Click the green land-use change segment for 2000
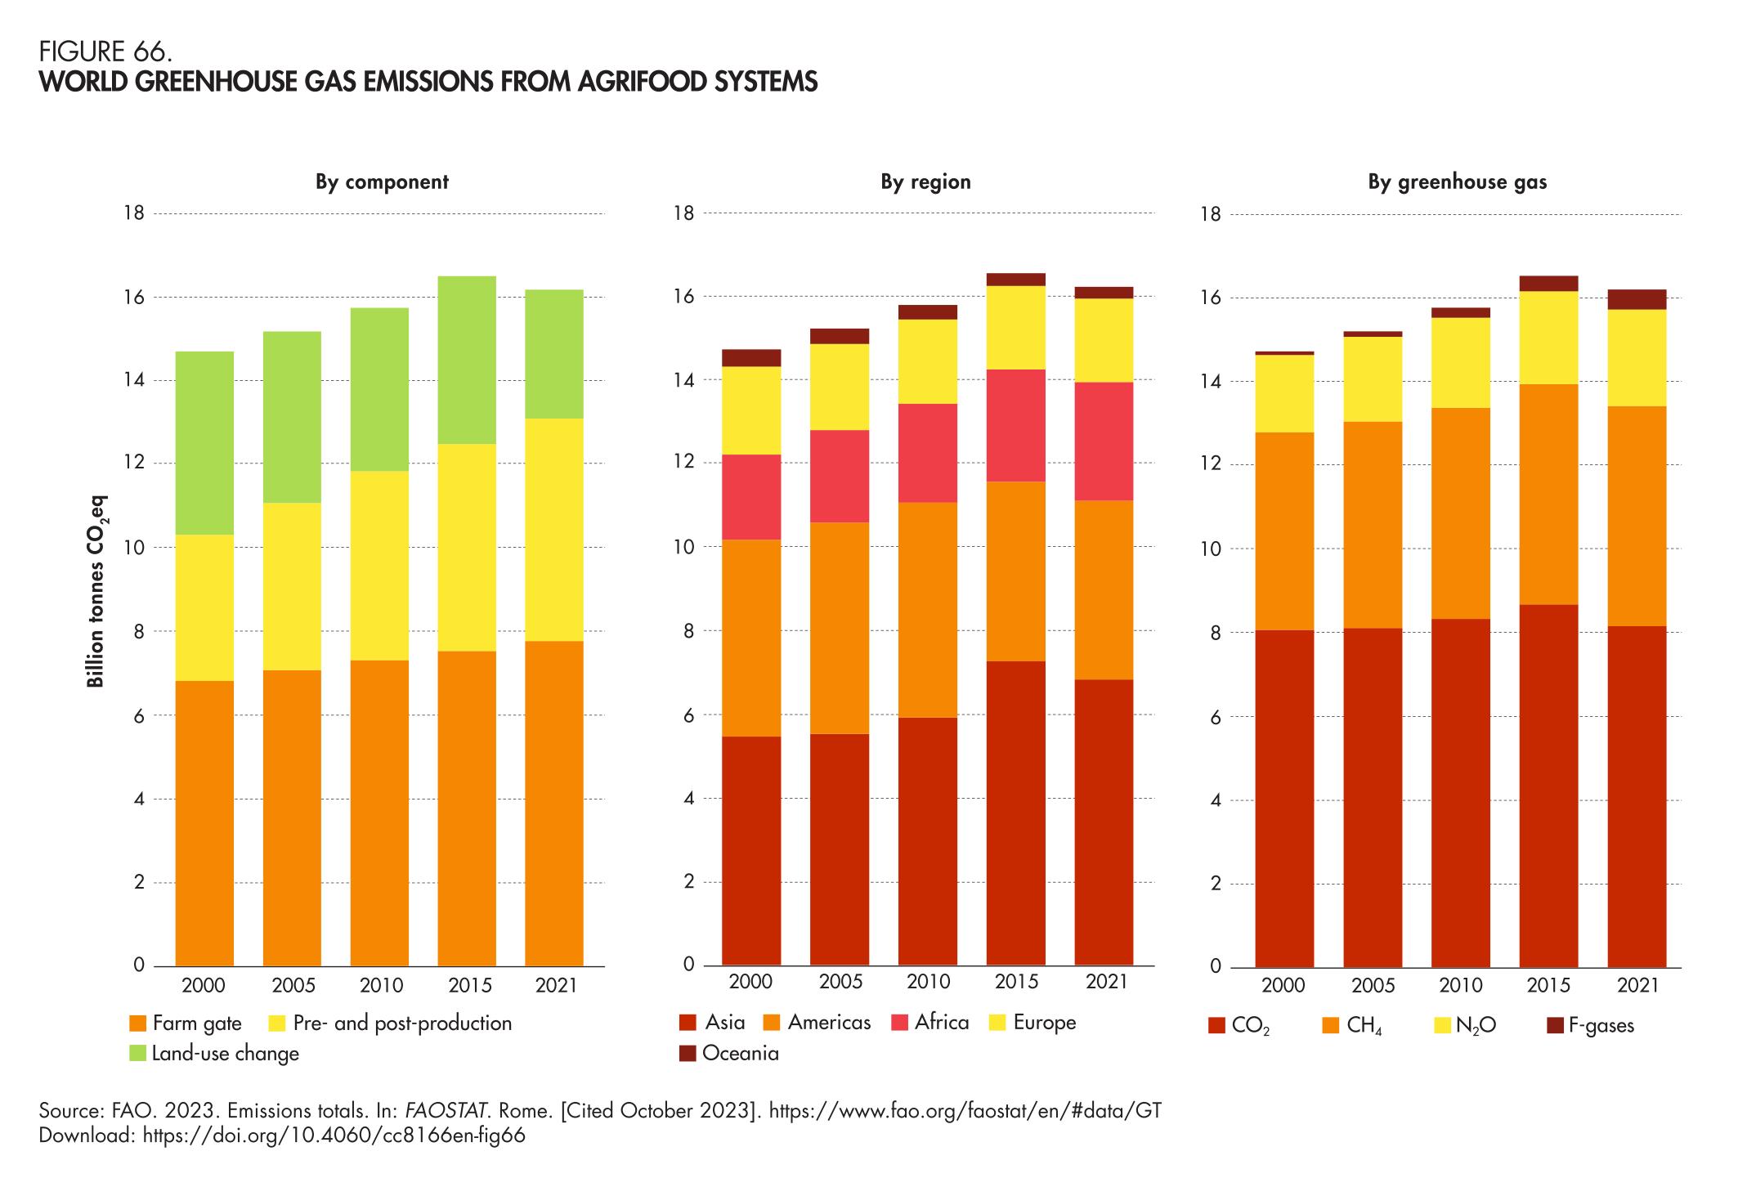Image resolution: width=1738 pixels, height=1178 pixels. coord(204,442)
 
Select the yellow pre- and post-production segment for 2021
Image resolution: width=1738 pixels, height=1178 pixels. coord(553,529)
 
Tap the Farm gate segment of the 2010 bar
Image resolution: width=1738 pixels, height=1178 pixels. coord(379,813)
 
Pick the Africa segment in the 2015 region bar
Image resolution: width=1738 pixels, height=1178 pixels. coord(1015,425)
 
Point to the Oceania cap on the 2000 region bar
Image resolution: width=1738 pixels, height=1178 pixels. coord(750,357)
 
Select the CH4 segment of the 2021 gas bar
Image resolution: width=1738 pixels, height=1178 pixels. coord(1637,516)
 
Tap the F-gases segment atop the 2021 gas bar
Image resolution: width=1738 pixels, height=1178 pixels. coord(1637,299)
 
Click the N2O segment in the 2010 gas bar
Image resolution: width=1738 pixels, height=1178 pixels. coord(1460,362)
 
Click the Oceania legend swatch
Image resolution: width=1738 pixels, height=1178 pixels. coord(688,1054)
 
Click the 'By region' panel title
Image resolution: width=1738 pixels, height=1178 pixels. coord(925,181)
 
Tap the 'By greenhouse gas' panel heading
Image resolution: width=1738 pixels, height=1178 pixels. coord(1457,182)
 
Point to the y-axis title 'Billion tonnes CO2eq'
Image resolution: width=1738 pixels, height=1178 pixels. coord(96,591)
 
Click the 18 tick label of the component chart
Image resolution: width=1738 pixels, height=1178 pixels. coord(134,213)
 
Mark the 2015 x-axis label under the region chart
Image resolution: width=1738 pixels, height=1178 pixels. coord(1015,982)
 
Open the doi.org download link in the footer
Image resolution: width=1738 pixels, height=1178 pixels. coord(334,1135)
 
